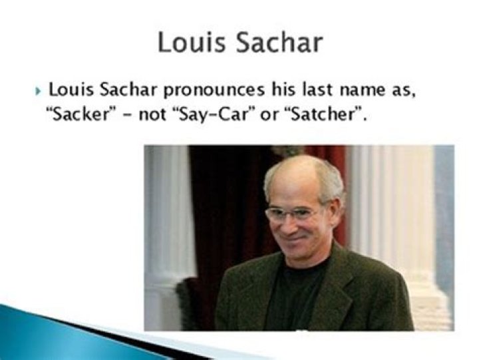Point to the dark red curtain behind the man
220,200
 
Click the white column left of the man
166,220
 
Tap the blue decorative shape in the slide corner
40,333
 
